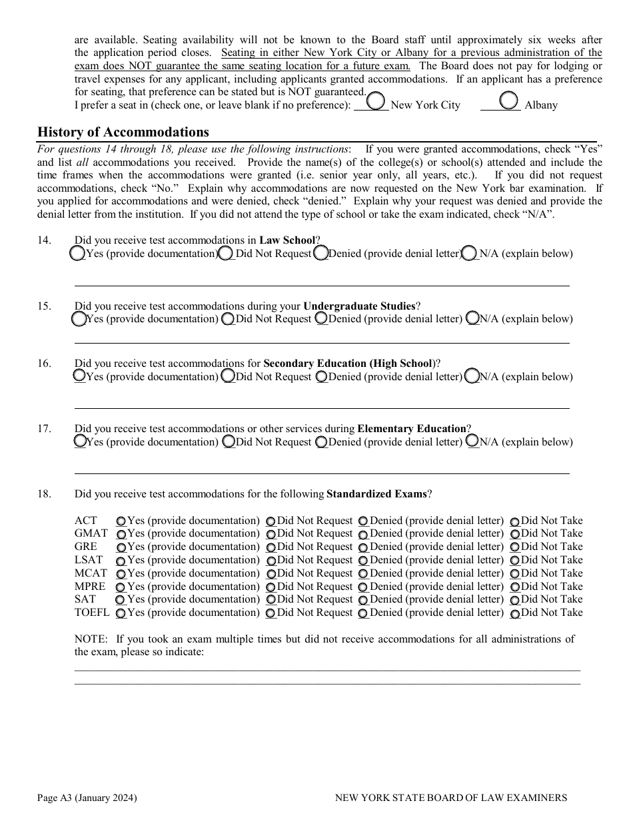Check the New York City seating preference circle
[x=376, y=101]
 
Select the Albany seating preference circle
[x=509, y=101]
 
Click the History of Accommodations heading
[x=123, y=132]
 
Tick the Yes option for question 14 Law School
[x=77, y=253]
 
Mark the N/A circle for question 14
[x=470, y=253]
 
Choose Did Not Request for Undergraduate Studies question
[x=228, y=319]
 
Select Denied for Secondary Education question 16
[x=322, y=377]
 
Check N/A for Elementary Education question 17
[x=472, y=441]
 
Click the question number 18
[x=44, y=494]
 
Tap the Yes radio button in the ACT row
[x=121, y=521]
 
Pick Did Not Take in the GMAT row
[x=515, y=534]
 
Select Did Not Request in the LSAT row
[x=271, y=561]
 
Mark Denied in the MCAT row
[x=363, y=574]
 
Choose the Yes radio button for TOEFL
[x=121, y=613]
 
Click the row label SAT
[x=85, y=599]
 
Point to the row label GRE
[x=86, y=547]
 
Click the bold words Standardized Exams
[x=376, y=494]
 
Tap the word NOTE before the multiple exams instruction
[x=90, y=639]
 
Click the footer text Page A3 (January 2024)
[x=87, y=798]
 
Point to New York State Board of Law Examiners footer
[x=451, y=798]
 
